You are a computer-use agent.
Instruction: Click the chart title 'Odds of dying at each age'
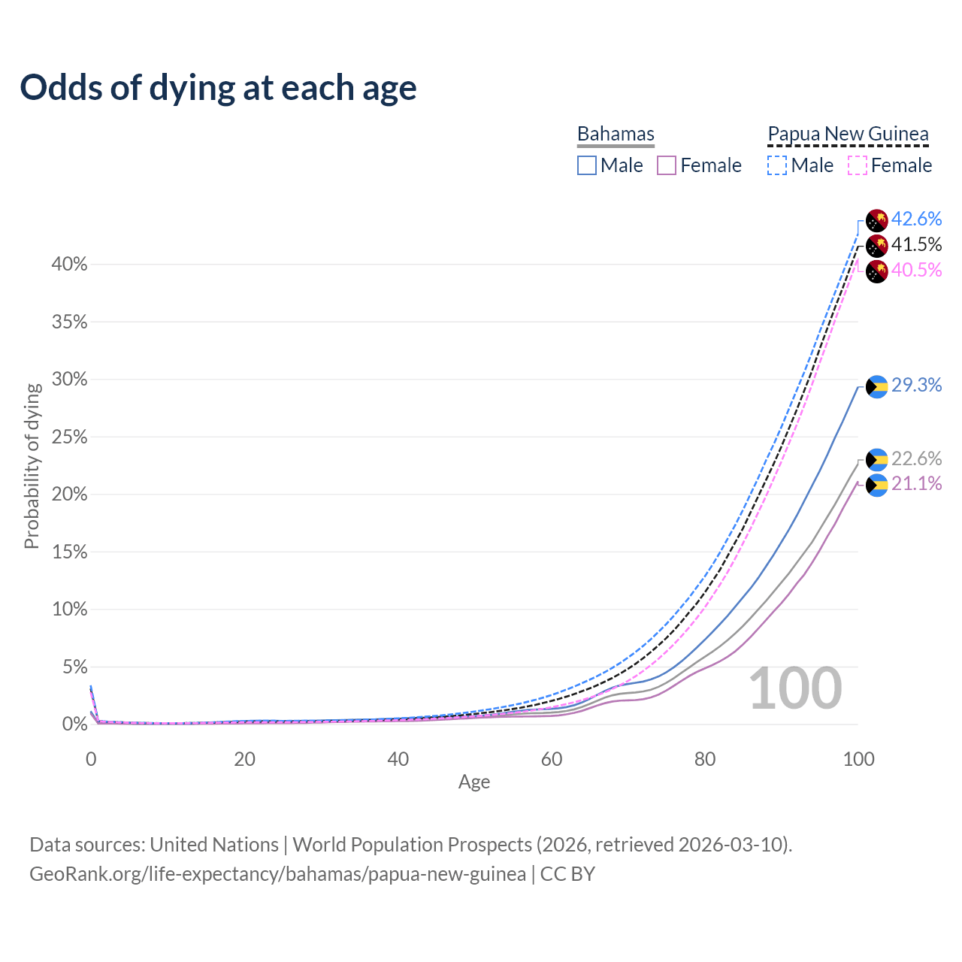tap(218, 88)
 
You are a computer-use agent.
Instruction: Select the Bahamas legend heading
tap(616, 134)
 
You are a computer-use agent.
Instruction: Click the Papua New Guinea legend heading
tap(848, 134)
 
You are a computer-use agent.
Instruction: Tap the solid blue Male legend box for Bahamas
tap(587, 165)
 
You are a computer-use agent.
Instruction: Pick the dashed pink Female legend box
tap(858, 165)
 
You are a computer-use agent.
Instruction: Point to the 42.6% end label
tap(916, 219)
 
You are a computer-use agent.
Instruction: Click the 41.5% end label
tap(916, 244)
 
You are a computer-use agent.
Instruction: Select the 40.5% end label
tap(916, 270)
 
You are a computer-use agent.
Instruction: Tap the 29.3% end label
tap(916, 385)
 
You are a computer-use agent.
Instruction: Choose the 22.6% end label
tap(916, 458)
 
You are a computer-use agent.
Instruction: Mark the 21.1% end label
tap(916, 483)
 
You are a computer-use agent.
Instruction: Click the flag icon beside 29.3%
tap(877, 386)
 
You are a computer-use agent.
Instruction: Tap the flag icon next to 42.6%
tap(877, 221)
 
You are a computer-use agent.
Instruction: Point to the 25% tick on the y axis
tap(70, 437)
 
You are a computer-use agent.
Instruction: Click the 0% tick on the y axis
tap(74, 725)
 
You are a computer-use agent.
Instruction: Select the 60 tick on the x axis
tap(552, 759)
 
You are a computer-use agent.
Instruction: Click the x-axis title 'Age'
tap(474, 782)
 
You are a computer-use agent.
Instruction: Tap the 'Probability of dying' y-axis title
tap(32, 466)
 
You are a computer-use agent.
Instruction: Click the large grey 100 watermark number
tap(795, 688)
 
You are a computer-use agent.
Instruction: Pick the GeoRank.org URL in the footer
tap(277, 874)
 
